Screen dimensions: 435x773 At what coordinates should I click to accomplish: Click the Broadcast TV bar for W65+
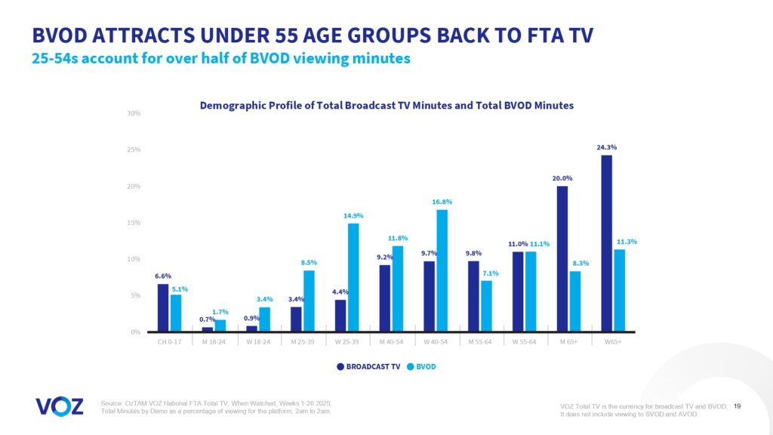click(x=606, y=243)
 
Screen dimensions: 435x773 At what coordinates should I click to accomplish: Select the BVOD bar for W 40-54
click(x=442, y=270)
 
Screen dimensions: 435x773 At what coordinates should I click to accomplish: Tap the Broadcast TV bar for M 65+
click(x=562, y=259)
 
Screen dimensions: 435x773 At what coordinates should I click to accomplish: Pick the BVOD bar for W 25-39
click(x=353, y=277)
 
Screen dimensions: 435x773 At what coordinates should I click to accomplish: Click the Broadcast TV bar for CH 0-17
click(x=163, y=308)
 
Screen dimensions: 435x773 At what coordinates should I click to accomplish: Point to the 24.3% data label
click(x=606, y=147)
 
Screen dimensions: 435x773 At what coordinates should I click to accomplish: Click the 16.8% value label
click(x=442, y=202)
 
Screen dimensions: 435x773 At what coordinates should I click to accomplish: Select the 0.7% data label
click(x=208, y=319)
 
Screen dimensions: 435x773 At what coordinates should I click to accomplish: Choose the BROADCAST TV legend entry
click(x=366, y=367)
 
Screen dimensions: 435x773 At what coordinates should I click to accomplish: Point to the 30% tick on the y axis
click(x=135, y=114)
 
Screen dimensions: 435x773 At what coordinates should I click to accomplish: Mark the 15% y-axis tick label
click(x=135, y=223)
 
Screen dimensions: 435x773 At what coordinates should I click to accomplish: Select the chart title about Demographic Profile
click(x=386, y=106)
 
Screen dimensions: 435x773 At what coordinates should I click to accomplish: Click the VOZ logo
click(x=60, y=406)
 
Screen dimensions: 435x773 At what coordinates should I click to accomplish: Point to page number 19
click(x=737, y=406)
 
